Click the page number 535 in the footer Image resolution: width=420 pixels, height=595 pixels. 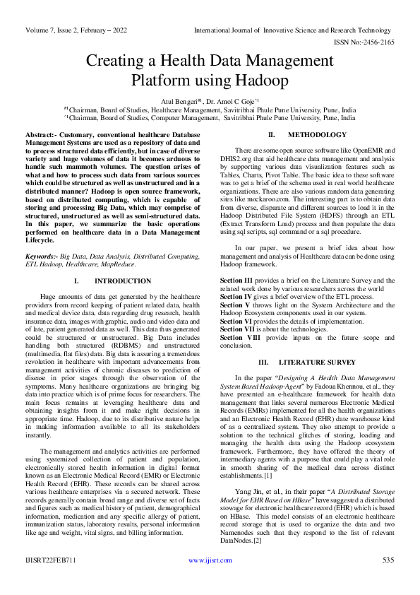(387, 579)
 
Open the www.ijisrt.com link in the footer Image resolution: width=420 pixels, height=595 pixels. (210, 579)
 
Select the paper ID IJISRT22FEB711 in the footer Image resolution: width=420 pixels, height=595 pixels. (51, 579)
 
